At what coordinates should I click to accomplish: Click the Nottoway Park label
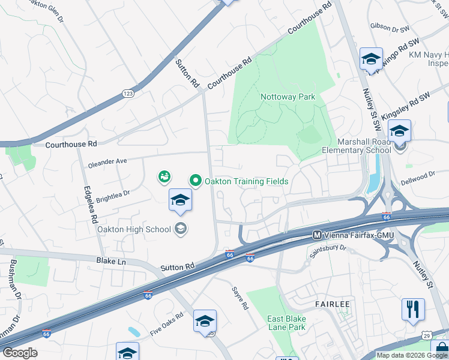pyautogui.click(x=288, y=97)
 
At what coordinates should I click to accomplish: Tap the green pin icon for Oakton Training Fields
pyautogui.click(x=195, y=180)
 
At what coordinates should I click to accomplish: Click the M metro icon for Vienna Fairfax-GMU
pyautogui.click(x=316, y=235)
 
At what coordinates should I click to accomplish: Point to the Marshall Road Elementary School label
pyautogui.click(x=356, y=145)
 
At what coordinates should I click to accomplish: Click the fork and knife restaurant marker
pyautogui.click(x=412, y=310)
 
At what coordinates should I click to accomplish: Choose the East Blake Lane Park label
pyautogui.click(x=286, y=323)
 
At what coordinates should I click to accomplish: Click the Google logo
pyautogui.click(x=20, y=352)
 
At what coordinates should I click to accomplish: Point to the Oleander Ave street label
pyautogui.click(x=107, y=161)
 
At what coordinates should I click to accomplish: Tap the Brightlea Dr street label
pyautogui.click(x=113, y=195)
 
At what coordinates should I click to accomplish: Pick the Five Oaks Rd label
pyautogui.click(x=166, y=323)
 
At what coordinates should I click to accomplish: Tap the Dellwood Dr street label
pyautogui.click(x=419, y=176)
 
